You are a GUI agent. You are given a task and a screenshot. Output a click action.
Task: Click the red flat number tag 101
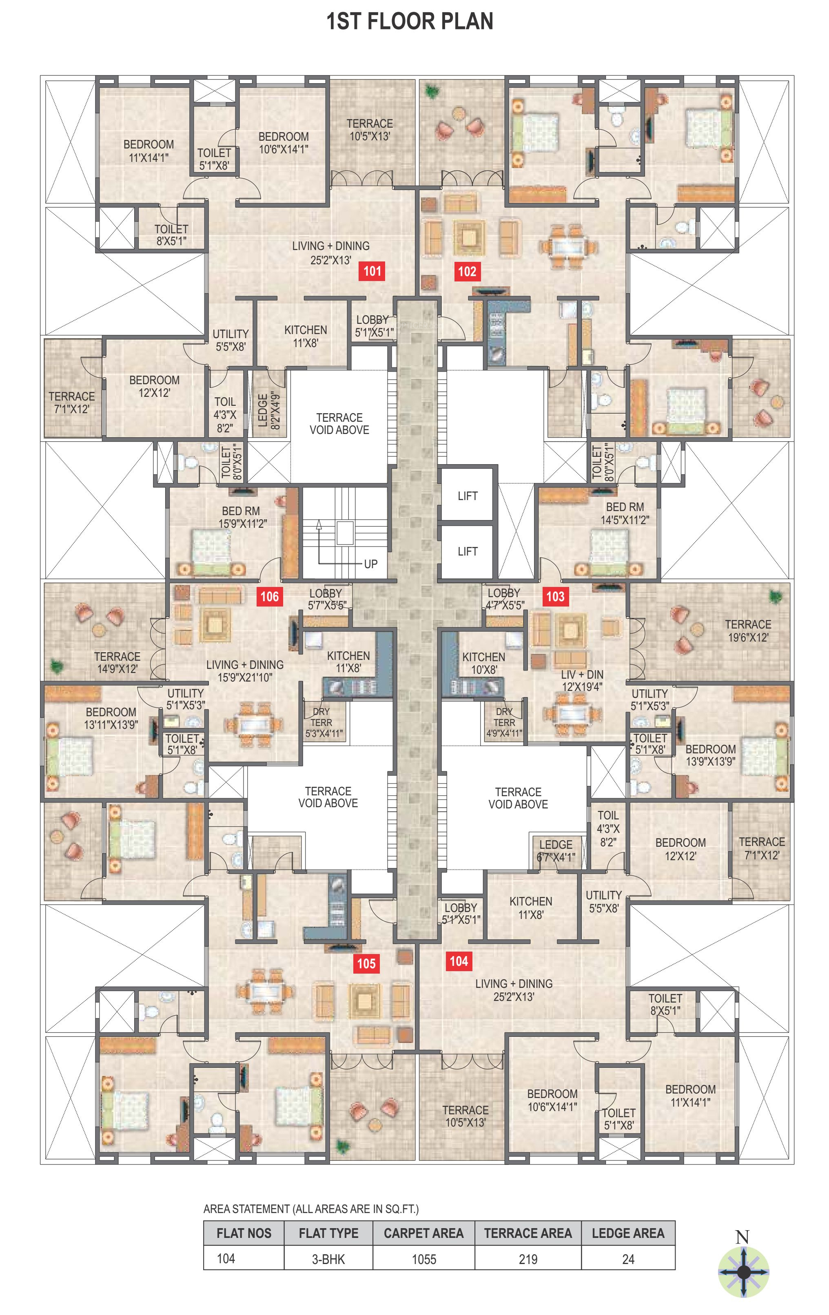(372, 271)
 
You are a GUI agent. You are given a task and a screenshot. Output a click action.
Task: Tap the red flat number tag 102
(468, 271)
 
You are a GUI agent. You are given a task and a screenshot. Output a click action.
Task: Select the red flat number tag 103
(555, 596)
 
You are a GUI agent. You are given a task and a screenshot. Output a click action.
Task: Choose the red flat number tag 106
(270, 596)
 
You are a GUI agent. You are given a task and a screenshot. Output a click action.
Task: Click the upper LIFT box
(468, 496)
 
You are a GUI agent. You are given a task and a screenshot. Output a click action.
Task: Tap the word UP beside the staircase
(371, 564)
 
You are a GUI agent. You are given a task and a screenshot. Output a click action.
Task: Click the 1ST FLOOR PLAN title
(410, 21)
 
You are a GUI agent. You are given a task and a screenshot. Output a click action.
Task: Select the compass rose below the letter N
(743, 1272)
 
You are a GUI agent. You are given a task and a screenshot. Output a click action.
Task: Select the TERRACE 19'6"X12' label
(748, 631)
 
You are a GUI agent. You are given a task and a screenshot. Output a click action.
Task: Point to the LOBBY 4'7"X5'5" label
(505, 599)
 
